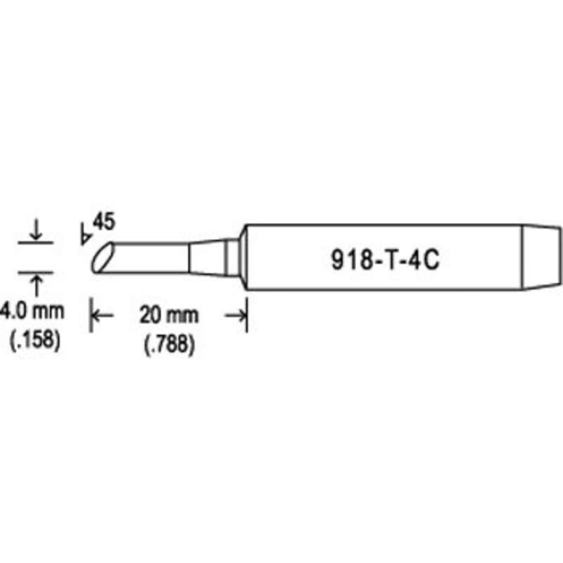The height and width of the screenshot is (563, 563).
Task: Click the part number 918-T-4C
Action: (x=385, y=260)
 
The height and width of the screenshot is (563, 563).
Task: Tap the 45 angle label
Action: (x=103, y=222)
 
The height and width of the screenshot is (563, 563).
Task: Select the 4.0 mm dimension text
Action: (x=32, y=311)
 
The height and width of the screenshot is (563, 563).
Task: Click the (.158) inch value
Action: (x=34, y=339)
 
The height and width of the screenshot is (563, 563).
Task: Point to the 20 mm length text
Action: (x=169, y=315)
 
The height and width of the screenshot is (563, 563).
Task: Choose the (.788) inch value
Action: (x=169, y=344)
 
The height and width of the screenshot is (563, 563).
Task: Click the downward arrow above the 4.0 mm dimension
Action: (x=36, y=230)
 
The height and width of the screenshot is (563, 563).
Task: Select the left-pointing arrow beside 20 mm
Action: (x=103, y=315)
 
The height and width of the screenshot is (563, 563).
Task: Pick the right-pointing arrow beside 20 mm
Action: (x=236, y=315)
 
